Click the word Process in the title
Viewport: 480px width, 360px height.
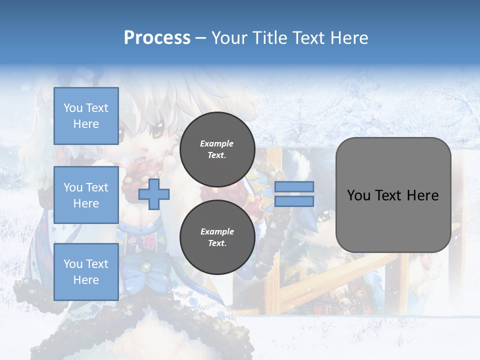[157, 38]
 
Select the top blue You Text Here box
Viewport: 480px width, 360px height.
[86, 116]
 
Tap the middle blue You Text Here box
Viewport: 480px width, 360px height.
[86, 195]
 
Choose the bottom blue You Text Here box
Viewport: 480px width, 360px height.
[86, 272]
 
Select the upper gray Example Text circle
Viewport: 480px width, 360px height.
[217, 149]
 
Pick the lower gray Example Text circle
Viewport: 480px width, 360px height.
[217, 237]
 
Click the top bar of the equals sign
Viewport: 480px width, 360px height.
[294, 187]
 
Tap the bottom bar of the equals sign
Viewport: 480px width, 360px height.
[294, 201]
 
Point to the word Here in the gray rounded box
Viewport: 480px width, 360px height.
[422, 195]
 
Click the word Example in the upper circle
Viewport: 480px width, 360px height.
[217, 143]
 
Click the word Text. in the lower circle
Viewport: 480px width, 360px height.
[217, 243]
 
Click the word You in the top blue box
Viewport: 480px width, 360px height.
[72, 108]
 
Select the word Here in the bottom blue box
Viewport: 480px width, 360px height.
[86, 280]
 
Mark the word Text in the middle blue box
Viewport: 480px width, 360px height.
[96, 187]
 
